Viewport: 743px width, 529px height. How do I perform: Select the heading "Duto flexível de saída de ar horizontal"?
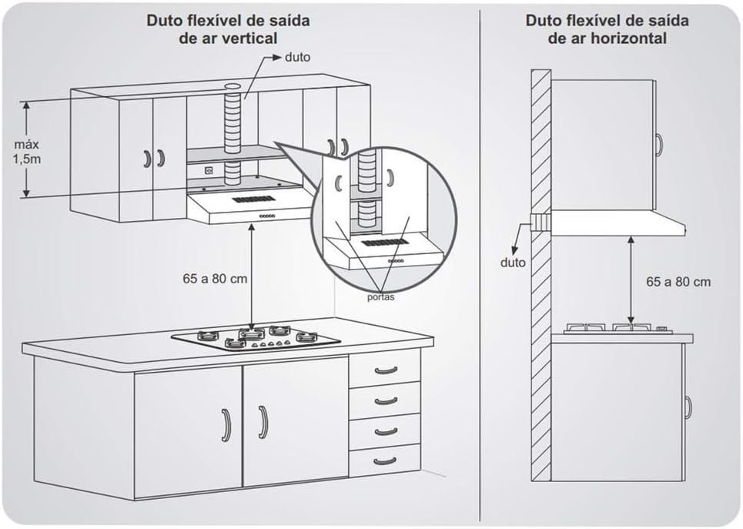[x=607, y=28]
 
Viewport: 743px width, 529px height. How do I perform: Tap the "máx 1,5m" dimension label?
[x=26, y=151]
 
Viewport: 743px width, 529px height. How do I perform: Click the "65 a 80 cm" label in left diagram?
[x=216, y=278]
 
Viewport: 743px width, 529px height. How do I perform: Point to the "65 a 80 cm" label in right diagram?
[x=678, y=282]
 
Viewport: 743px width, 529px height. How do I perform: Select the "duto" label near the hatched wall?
[x=512, y=263]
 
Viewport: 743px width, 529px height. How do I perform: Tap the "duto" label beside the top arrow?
[x=297, y=58]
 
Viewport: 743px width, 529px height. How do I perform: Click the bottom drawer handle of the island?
[x=385, y=460]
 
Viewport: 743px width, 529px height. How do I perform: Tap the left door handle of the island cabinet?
[x=226, y=424]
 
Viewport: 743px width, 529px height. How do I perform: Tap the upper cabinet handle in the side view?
[x=659, y=143]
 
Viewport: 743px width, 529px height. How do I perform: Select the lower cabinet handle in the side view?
[x=688, y=407]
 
